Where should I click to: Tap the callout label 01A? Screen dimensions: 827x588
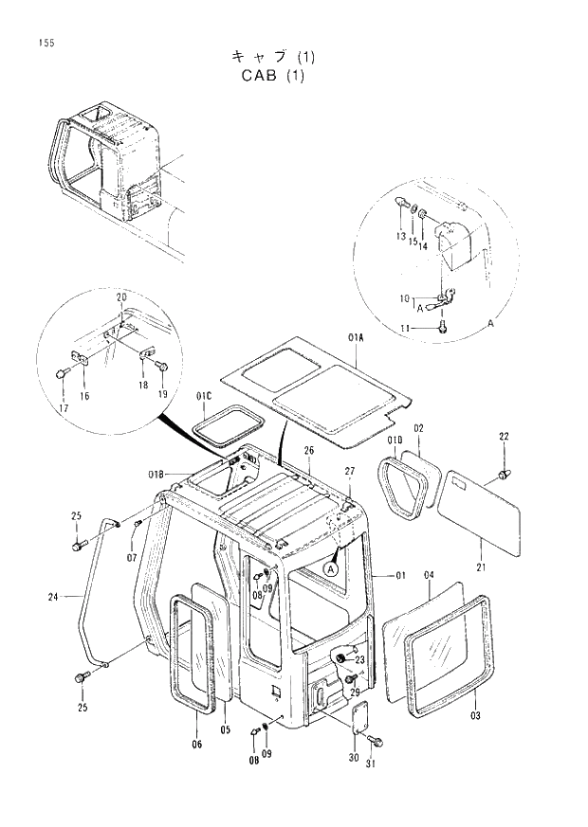tap(357, 336)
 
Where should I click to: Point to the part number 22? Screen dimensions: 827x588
tap(505, 436)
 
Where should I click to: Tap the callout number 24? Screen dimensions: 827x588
tap(54, 596)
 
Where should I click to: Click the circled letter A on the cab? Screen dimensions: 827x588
tap(331, 569)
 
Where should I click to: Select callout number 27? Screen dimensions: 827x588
tap(349, 472)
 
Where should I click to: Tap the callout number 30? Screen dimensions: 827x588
tap(353, 758)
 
